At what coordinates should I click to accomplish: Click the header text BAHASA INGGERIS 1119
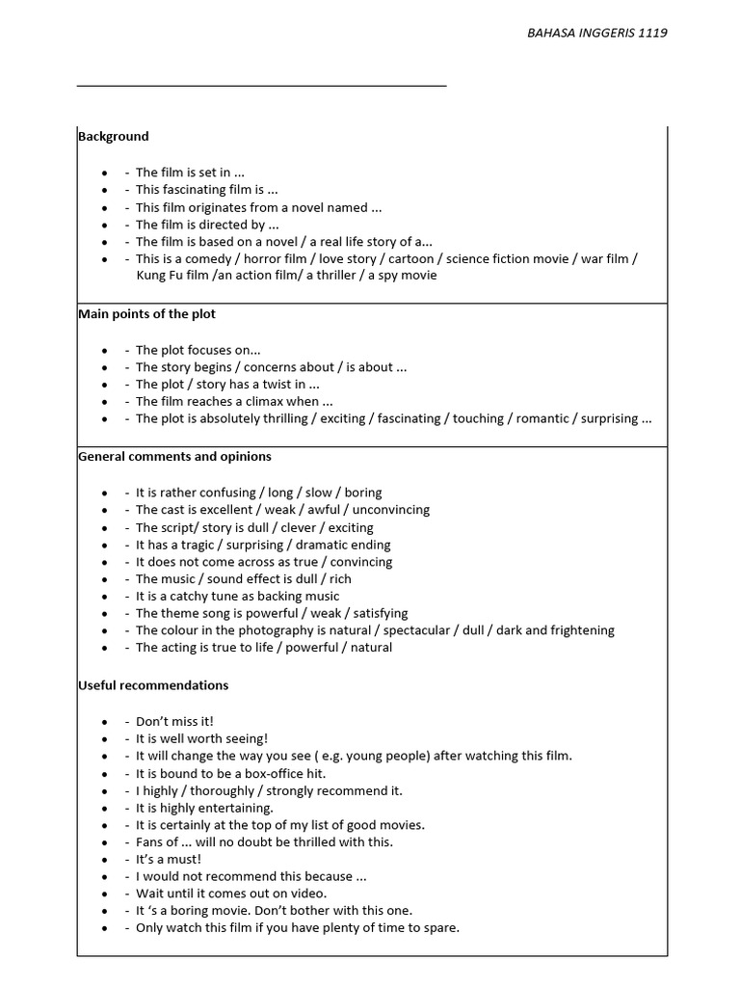[x=597, y=32]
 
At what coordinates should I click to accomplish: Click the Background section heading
[x=114, y=137]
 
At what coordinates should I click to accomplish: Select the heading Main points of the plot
[x=146, y=314]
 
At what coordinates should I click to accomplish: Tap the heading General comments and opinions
[x=174, y=457]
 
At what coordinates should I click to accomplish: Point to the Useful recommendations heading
[x=153, y=685]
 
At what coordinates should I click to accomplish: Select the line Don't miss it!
[x=174, y=721]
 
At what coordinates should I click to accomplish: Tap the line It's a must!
[x=169, y=859]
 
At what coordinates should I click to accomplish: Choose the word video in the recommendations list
[x=306, y=894]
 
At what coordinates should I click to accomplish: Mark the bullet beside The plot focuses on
[x=104, y=351]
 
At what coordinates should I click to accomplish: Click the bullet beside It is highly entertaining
[x=104, y=808]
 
